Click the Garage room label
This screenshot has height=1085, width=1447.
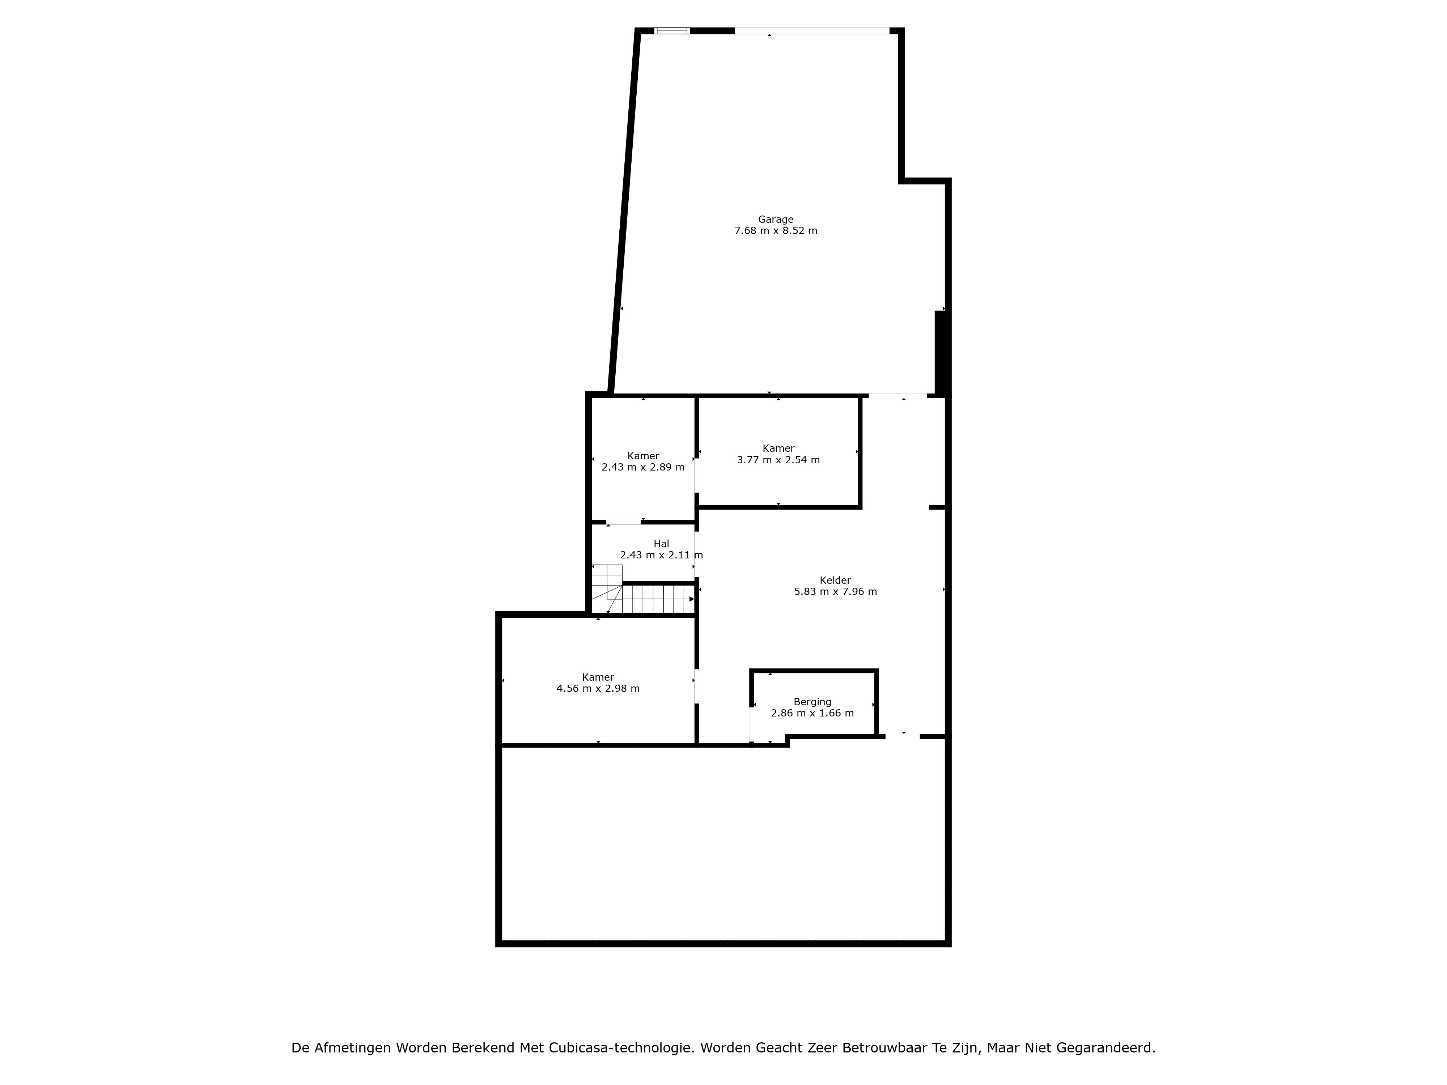point(776,220)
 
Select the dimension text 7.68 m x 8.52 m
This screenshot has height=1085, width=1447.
point(776,231)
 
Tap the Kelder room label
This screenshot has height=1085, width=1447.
point(835,580)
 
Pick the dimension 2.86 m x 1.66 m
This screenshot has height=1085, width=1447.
point(812,713)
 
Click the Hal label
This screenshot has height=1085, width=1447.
point(661,544)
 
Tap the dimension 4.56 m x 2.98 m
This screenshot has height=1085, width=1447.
point(598,689)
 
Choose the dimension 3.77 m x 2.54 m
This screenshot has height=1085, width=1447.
point(778,460)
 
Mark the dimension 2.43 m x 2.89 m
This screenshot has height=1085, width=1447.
point(643,467)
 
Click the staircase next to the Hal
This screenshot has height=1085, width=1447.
point(642,591)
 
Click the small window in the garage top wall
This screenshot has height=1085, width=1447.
point(672,30)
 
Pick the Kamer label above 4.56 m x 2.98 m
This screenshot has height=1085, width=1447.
point(598,677)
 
